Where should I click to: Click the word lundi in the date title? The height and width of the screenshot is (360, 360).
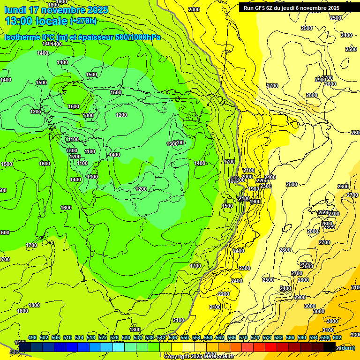pos(16,10)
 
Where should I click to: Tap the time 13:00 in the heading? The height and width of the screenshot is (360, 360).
pos(18,21)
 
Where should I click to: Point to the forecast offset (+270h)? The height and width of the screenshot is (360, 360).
pos(83,21)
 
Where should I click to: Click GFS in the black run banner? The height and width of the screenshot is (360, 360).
pos(262,8)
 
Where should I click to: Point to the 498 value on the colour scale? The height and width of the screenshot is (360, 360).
pos(32,337)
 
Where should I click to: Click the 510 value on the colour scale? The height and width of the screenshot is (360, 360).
pos(67,337)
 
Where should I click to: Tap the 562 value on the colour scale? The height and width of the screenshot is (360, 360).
pos(220,337)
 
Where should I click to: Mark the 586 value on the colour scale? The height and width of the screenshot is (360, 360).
pos(290,337)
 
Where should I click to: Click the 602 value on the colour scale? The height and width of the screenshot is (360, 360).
pos(337,337)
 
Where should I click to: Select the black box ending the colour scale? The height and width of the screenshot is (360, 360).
pos(330,347)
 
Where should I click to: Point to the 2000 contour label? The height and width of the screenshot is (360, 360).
pos(247,177)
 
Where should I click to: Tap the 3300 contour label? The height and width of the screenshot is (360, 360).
pos(355,335)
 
